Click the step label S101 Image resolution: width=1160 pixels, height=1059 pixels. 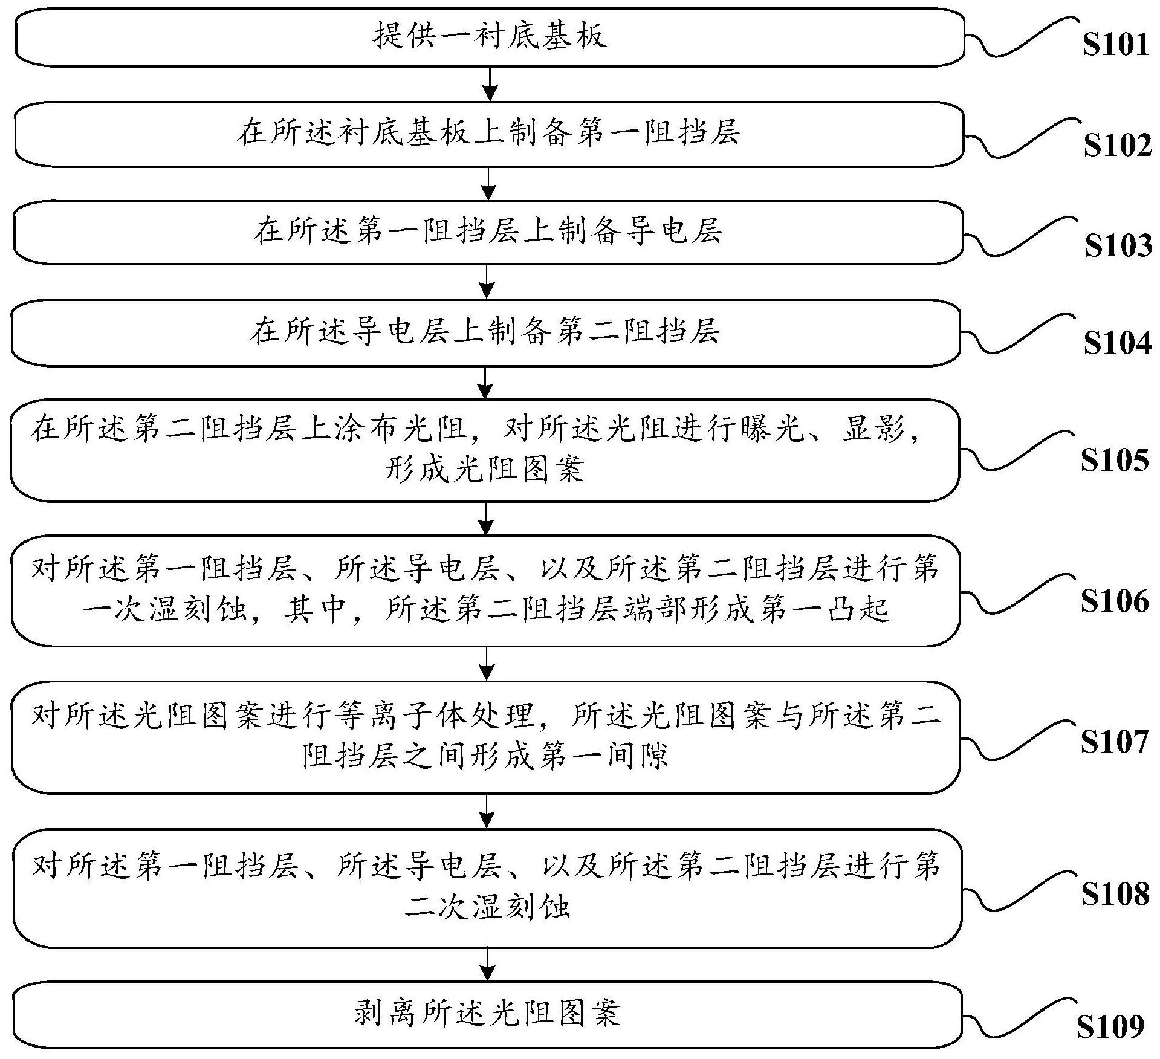pos(1115,45)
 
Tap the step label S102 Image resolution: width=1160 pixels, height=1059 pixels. pos(1117,146)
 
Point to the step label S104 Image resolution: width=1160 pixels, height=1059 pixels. pos(1117,343)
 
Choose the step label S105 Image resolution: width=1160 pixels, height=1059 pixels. pos(1115,460)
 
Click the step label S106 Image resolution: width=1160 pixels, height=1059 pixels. pos(1115,601)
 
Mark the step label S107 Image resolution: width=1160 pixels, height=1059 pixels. pos(1115,742)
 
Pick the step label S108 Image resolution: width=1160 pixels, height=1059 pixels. pos(1115,893)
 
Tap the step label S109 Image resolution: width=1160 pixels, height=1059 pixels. pos(1111,1026)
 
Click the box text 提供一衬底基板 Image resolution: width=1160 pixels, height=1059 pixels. pos(490,36)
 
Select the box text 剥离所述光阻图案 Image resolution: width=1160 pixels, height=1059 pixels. pos(487,1013)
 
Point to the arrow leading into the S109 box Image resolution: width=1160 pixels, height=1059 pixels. pos(487,964)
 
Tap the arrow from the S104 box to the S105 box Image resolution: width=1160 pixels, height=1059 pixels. pos(485,382)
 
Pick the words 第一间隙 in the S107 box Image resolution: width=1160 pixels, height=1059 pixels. pos(605,755)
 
